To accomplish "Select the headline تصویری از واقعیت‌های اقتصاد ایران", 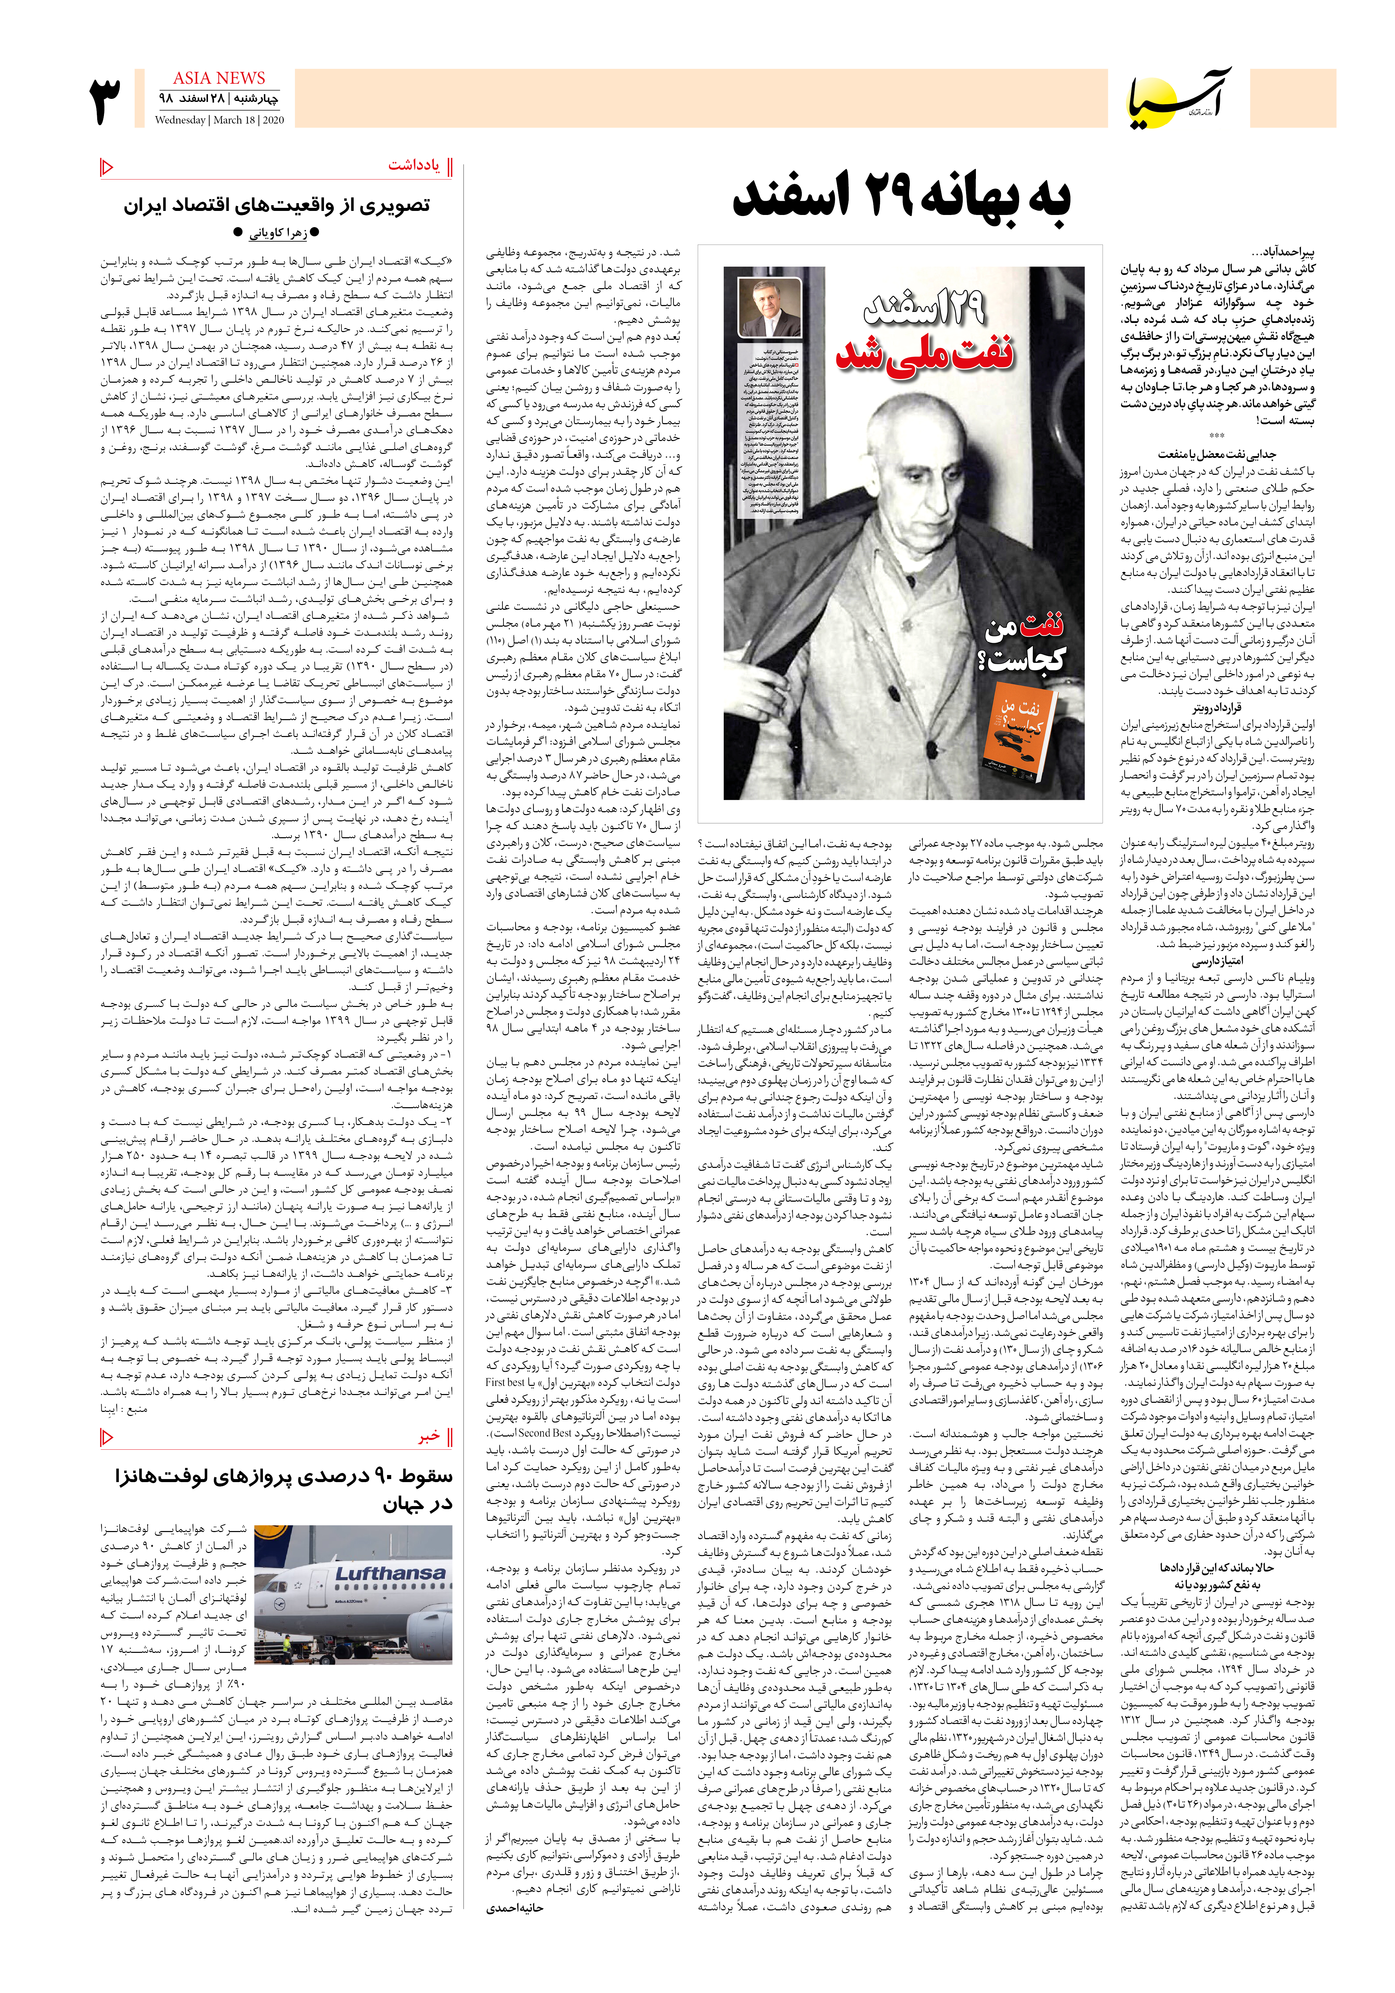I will point(276,205).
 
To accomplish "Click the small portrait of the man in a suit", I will point(769,308).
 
